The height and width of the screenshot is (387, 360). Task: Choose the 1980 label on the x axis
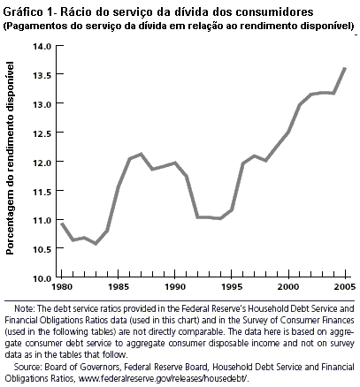61,289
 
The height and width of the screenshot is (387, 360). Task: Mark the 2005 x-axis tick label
344,289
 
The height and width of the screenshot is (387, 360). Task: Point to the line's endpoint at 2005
344,68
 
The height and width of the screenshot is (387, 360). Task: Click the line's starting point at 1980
61,224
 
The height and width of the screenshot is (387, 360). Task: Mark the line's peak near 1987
141,155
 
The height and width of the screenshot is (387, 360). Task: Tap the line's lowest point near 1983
96,243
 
